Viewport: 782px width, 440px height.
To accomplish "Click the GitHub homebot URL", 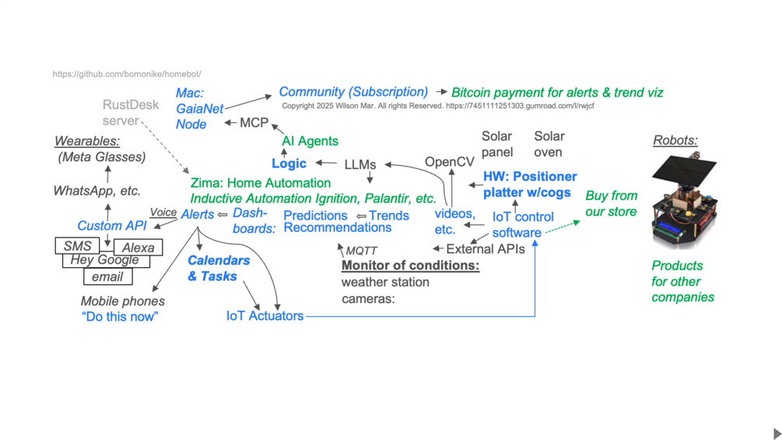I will coord(127,74).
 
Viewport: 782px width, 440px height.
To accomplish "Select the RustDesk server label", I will coord(130,113).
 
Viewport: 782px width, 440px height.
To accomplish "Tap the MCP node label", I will coord(254,123).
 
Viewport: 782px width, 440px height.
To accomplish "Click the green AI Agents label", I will coord(310,141).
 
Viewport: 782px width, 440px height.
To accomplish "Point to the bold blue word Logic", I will coord(289,164).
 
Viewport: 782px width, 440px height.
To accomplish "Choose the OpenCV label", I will coord(449,162).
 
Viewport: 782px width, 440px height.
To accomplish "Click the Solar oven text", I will coord(549,144).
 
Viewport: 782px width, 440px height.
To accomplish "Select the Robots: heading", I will coord(675,141).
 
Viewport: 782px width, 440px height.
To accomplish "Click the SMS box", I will coord(77,246).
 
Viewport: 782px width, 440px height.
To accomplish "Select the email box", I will coord(107,276).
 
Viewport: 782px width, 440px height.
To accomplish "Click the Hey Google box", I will coord(104,260).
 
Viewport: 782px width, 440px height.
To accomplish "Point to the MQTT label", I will coord(361,251).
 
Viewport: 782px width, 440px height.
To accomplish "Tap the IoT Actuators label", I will coord(265,315).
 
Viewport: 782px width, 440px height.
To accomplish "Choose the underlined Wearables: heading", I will coord(86,141).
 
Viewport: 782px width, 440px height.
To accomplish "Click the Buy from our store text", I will coord(611,203).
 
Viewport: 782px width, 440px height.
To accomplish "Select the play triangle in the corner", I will coord(777,433).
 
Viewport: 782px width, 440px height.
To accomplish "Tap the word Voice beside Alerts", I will coord(163,212).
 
